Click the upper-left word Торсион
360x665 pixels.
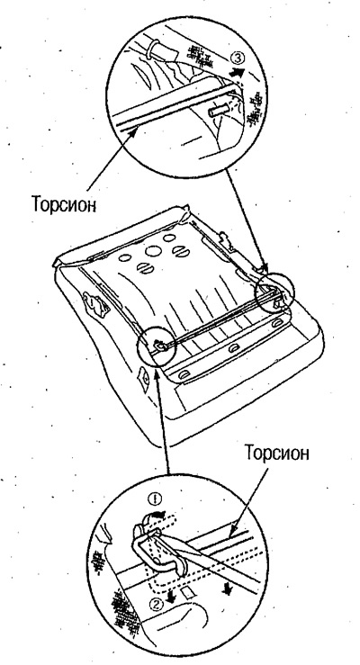(64, 204)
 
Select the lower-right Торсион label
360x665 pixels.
(276, 453)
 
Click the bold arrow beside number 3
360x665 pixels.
(238, 73)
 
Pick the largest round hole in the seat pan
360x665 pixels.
(153, 251)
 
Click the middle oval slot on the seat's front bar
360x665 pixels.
(232, 348)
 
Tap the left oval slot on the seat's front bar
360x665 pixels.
(184, 375)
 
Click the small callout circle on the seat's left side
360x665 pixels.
(157, 346)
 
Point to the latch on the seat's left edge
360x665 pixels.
(95, 303)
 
